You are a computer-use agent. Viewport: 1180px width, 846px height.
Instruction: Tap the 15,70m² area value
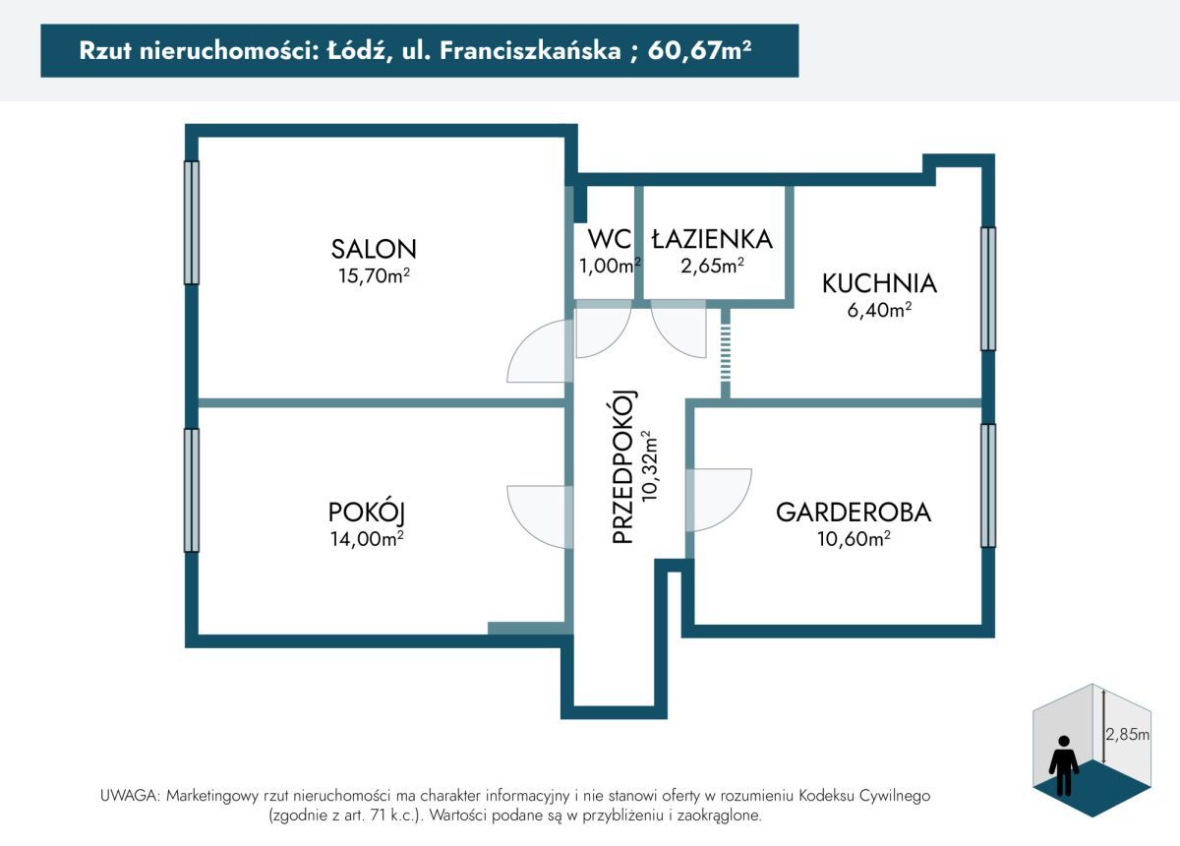coord(374,276)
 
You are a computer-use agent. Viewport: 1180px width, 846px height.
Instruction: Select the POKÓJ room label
coord(367,512)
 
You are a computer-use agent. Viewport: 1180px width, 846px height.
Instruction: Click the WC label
coord(608,239)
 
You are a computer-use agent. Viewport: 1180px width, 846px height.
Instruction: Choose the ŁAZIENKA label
coord(712,239)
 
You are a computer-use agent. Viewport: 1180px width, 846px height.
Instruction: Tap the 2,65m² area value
coord(712,265)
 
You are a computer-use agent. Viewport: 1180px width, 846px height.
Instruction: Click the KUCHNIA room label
coord(879,283)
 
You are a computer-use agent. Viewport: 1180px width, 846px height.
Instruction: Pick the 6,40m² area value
coord(879,310)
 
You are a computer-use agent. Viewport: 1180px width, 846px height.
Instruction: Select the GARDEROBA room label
coord(853,512)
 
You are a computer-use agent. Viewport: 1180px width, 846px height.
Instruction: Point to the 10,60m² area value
coord(853,538)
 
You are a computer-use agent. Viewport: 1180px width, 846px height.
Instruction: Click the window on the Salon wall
coord(192,223)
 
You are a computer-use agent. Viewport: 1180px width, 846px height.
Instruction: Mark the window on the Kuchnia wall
coord(988,288)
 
